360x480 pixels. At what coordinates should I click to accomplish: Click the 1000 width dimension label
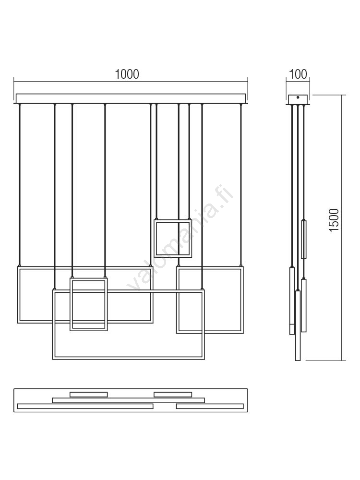(127, 74)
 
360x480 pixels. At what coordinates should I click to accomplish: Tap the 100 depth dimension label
(298, 74)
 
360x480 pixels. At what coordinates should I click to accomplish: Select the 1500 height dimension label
(334, 220)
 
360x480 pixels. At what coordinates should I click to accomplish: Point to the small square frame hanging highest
(173, 220)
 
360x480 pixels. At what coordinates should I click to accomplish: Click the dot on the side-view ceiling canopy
(298, 97)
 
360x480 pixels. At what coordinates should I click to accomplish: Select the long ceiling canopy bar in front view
(131, 98)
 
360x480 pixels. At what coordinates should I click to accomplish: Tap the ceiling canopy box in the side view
(298, 99)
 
